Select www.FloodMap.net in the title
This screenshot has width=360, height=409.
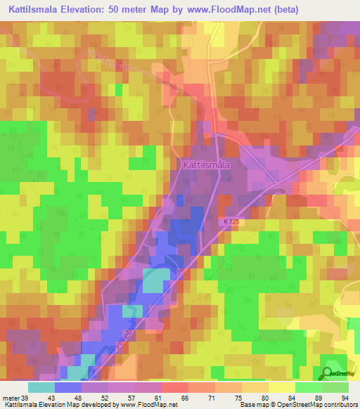click(231, 10)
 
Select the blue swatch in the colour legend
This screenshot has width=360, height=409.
click(67, 388)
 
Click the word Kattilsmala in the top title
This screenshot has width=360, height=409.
click(35, 10)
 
